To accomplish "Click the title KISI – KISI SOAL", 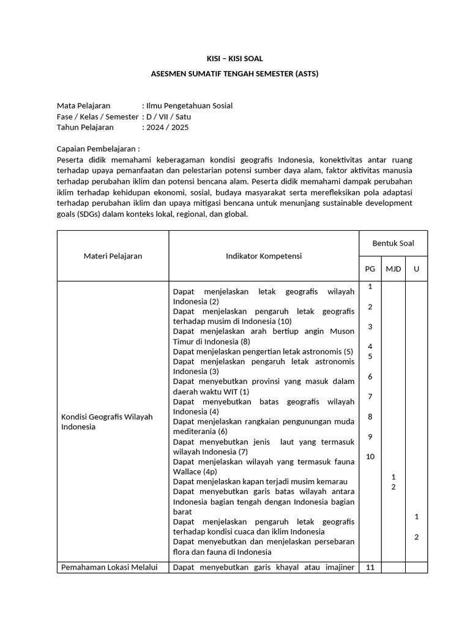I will click(x=234, y=59).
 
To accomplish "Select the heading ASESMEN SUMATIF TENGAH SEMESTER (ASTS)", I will click(x=234, y=73).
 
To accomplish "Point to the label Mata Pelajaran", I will click(x=83, y=105).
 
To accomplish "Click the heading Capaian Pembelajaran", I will click(x=98, y=149).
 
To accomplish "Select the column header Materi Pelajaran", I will click(x=113, y=256).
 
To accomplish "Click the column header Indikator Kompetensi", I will click(x=263, y=256).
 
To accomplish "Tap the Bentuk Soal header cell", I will click(x=393, y=243).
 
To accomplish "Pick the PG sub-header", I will click(x=370, y=269).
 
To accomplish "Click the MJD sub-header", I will click(x=393, y=269).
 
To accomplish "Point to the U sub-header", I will click(x=416, y=269).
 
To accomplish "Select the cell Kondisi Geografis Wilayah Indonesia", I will click(x=106, y=421).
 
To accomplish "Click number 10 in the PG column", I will click(x=370, y=456).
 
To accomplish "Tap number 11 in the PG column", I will click(x=370, y=567).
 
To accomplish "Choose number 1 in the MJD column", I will click(x=393, y=476).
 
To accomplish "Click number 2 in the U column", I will click(x=416, y=537).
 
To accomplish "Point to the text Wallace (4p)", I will click(x=195, y=471).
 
